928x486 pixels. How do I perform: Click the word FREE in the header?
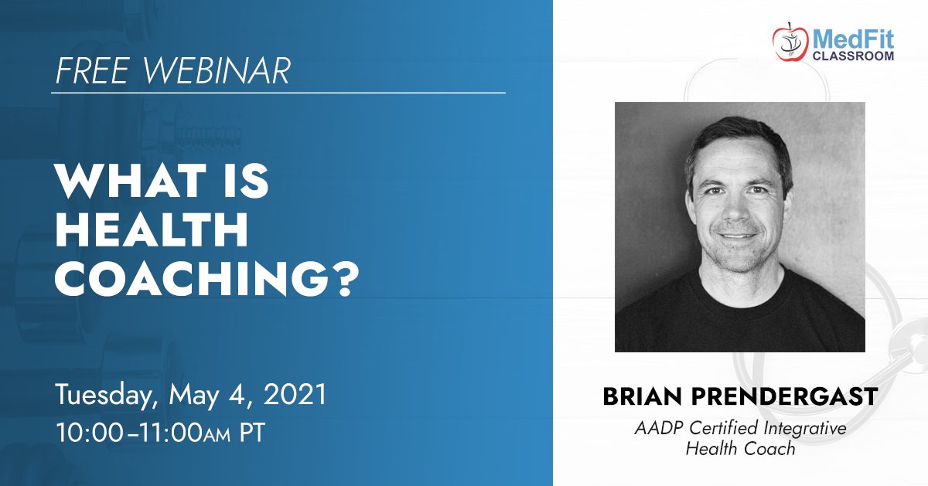point(92,71)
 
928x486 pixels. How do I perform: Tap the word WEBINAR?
point(217,71)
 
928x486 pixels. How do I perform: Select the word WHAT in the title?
point(130,181)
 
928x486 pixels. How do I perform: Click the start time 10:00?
point(90,433)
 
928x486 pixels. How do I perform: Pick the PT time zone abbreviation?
point(252,433)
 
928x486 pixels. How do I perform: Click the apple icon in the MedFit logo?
point(790,42)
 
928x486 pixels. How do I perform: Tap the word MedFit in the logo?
point(853,40)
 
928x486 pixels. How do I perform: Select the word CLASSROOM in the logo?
point(853,56)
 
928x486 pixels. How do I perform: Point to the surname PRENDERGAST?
point(784,396)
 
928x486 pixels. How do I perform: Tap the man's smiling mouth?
point(738,236)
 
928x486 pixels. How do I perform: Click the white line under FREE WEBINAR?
point(278,93)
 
